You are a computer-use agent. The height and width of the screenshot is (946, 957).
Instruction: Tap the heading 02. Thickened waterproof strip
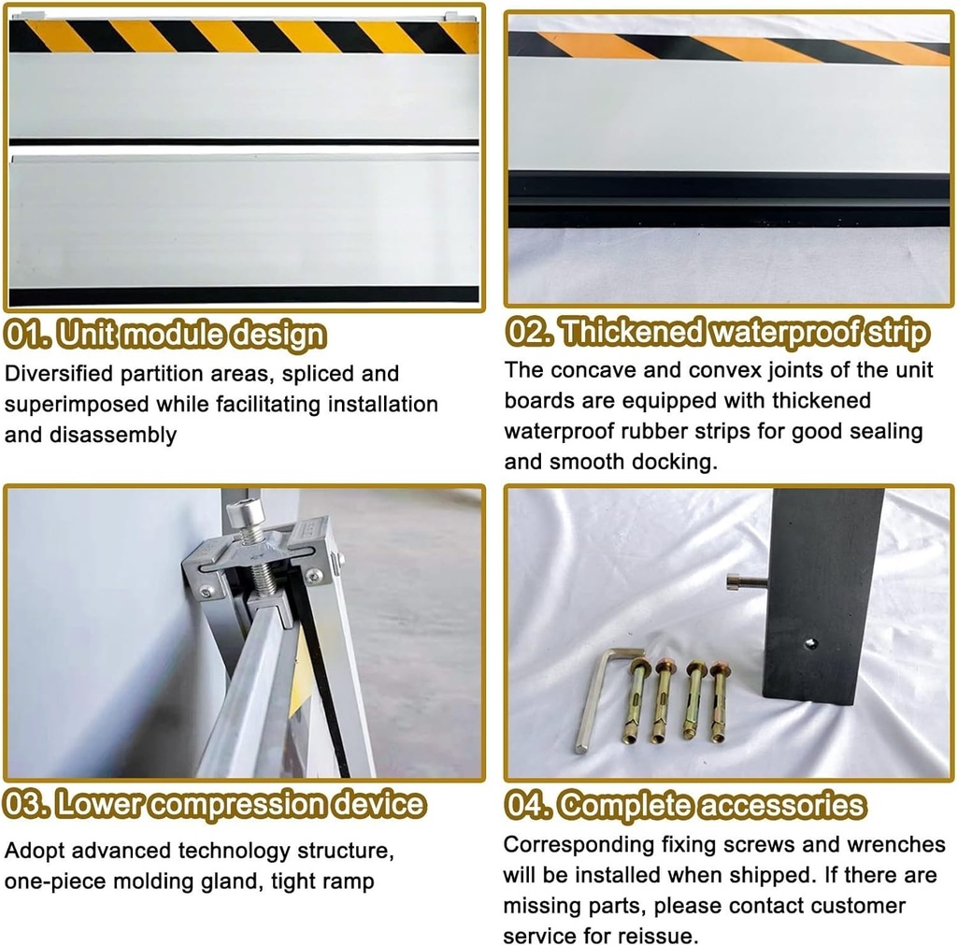pos(717,333)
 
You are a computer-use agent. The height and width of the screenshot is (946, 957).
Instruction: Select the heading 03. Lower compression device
pos(214,804)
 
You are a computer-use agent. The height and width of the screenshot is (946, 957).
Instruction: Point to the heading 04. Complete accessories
pos(685,805)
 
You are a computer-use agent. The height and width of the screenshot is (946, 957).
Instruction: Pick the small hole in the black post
pos(810,643)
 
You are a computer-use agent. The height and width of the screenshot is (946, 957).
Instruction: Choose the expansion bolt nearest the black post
pos(719,701)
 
